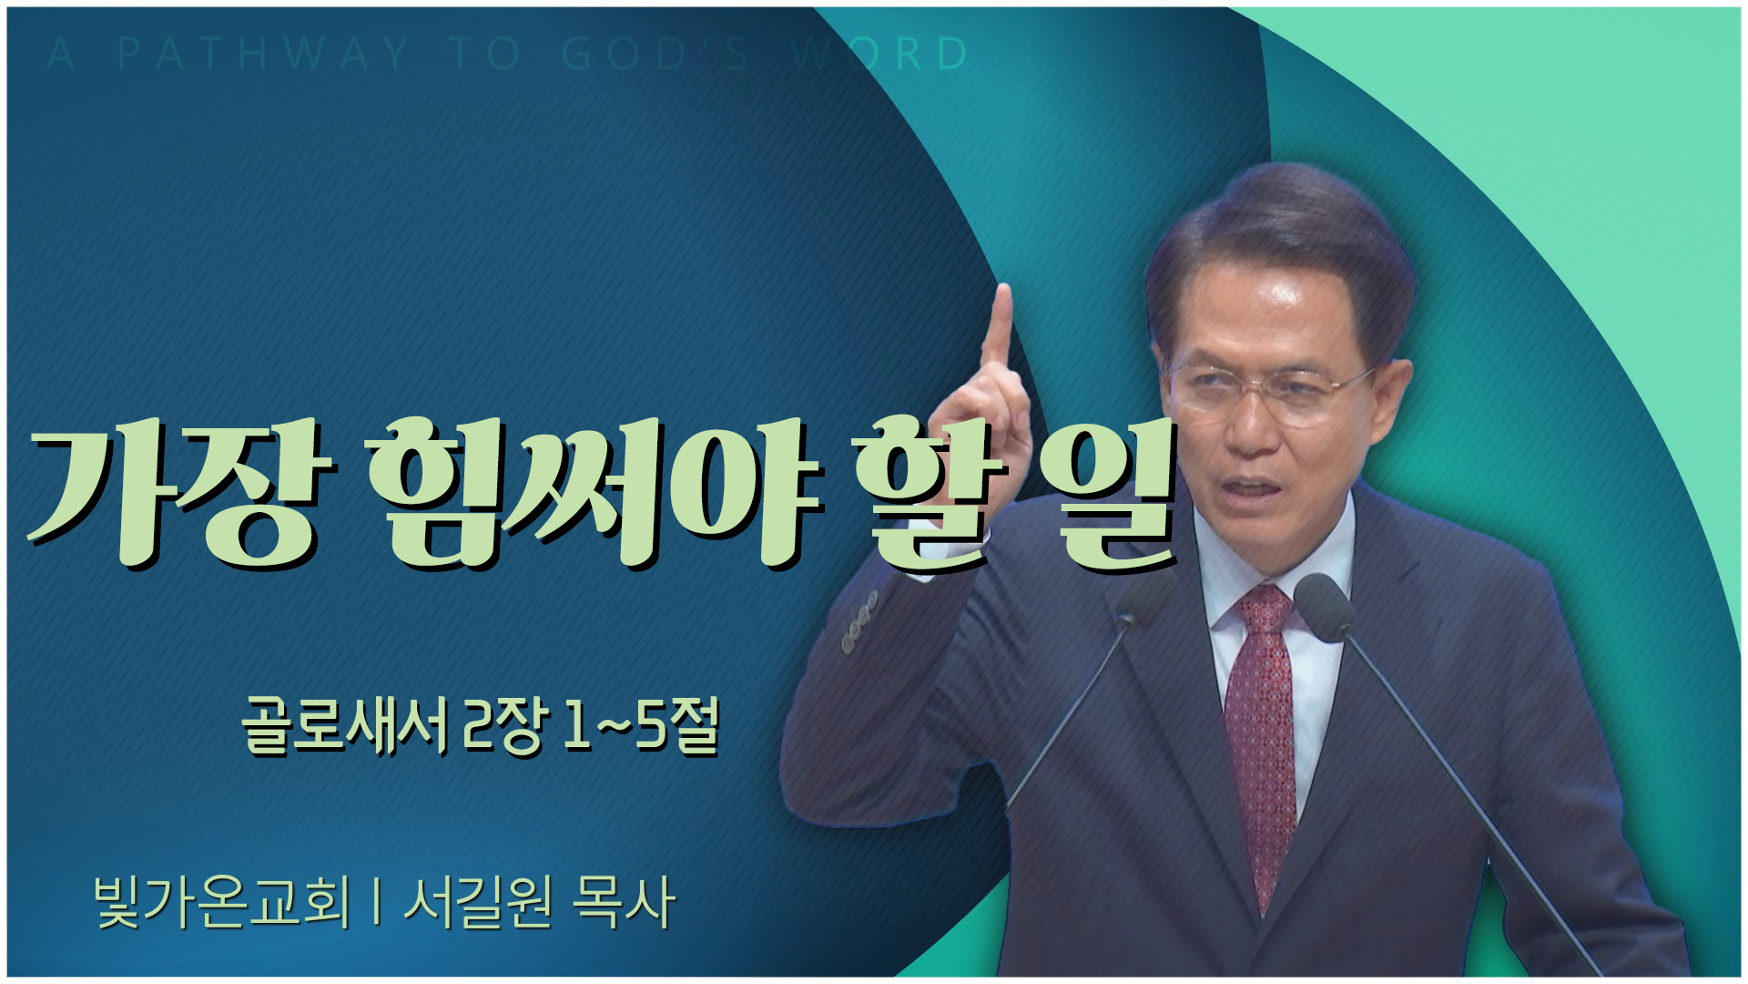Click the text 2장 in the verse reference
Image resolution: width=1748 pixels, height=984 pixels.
tap(507, 729)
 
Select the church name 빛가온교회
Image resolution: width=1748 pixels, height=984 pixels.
tap(221, 902)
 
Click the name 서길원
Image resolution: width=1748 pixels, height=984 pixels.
tap(478, 902)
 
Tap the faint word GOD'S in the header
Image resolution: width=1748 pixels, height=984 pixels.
tap(657, 55)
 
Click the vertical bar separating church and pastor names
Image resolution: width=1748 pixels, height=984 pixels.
tap(376, 904)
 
